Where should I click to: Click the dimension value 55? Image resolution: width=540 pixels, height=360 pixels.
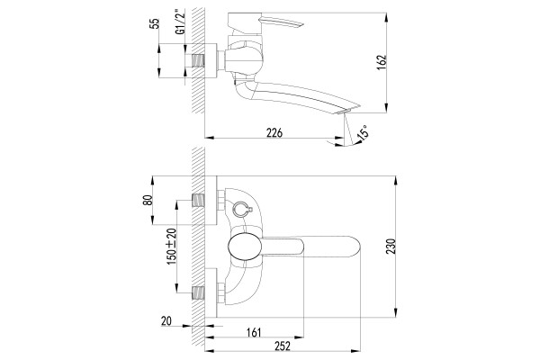[x=156, y=23]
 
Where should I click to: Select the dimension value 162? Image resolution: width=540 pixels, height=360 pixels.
[x=382, y=63]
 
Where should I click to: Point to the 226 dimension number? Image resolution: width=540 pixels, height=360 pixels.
[x=274, y=132]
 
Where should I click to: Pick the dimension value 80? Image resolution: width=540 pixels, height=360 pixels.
[x=148, y=201]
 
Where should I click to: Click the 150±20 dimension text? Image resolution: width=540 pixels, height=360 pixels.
[x=172, y=247]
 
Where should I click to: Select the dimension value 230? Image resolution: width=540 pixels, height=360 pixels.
[x=391, y=246]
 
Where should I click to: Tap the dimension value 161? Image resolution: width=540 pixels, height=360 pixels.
[x=254, y=332]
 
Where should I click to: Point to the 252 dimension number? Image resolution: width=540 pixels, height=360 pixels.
[x=283, y=346]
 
